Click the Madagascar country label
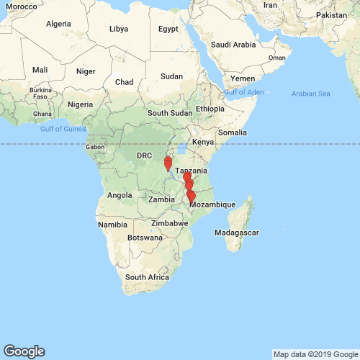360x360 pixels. click(237, 233)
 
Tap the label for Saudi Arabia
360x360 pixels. click(233, 44)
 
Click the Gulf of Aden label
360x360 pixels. click(244, 93)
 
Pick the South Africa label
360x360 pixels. click(147, 277)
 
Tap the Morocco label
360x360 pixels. click(22, 6)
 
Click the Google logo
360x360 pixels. click(23, 351)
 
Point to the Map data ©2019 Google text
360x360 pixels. click(315, 354)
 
